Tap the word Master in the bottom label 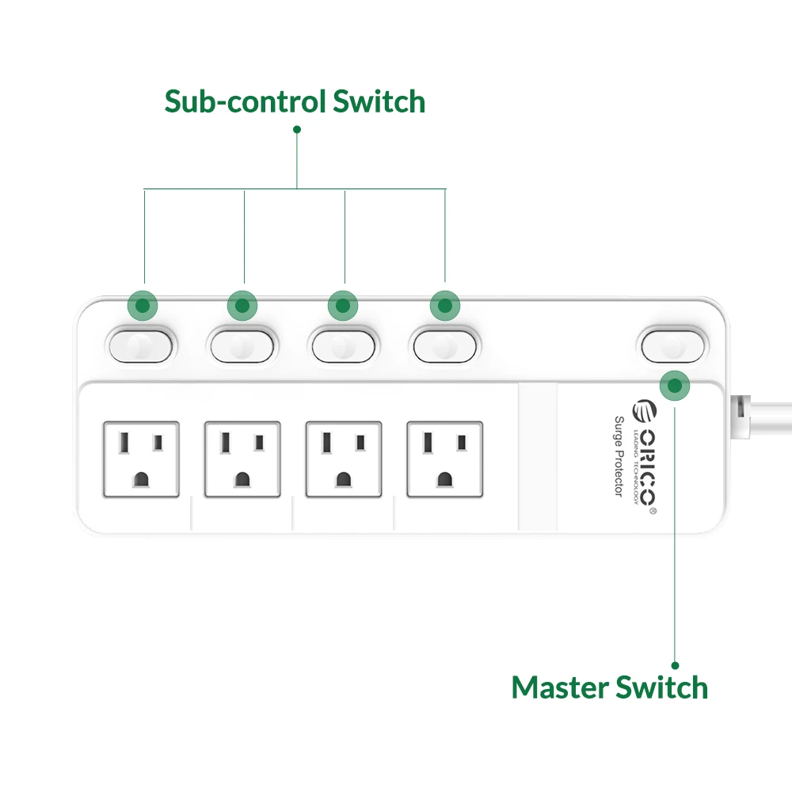tap(561, 687)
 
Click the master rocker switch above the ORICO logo tap(672, 344)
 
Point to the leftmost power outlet tap(141, 459)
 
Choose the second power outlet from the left tap(242, 459)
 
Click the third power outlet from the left tap(343, 459)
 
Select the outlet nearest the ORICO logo tap(444, 459)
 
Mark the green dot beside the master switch tap(674, 386)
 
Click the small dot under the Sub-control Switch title tap(297, 128)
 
